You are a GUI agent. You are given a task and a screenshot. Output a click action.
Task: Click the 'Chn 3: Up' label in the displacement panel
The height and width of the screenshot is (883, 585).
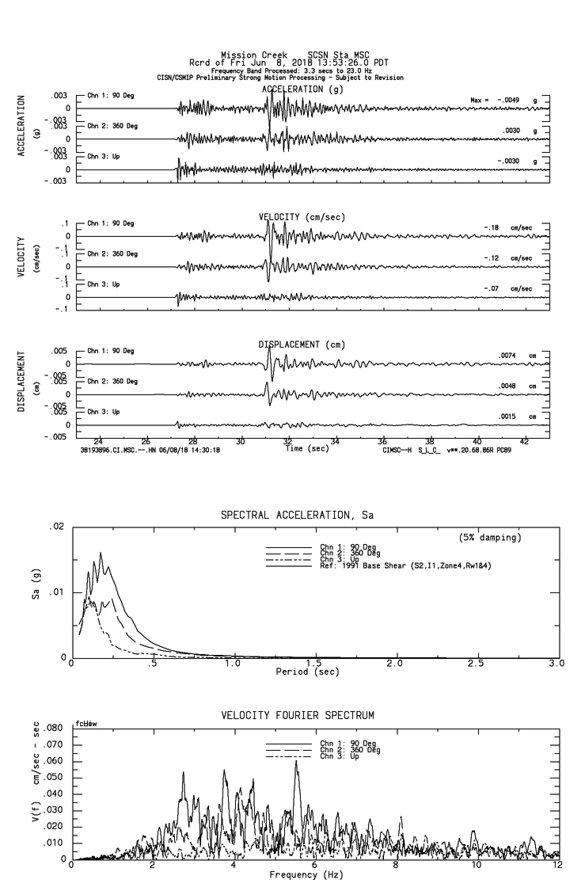pyautogui.click(x=104, y=412)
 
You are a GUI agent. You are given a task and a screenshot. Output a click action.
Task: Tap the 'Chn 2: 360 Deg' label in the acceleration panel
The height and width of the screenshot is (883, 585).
pyautogui.click(x=112, y=126)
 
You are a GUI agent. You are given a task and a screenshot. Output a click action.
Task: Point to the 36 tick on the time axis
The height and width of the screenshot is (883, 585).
pyautogui.click(x=382, y=441)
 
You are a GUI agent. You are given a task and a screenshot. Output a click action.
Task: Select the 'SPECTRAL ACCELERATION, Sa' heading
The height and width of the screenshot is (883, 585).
pyautogui.click(x=297, y=516)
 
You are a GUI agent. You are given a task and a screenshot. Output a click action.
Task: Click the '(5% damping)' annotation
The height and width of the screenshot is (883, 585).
pyautogui.click(x=490, y=538)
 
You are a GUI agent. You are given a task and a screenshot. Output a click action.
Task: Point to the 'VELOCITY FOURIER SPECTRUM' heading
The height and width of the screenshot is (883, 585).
pyautogui.click(x=297, y=716)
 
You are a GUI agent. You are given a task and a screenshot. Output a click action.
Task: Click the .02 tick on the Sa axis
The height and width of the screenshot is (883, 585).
pyautogui.click(x=56, y=527)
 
